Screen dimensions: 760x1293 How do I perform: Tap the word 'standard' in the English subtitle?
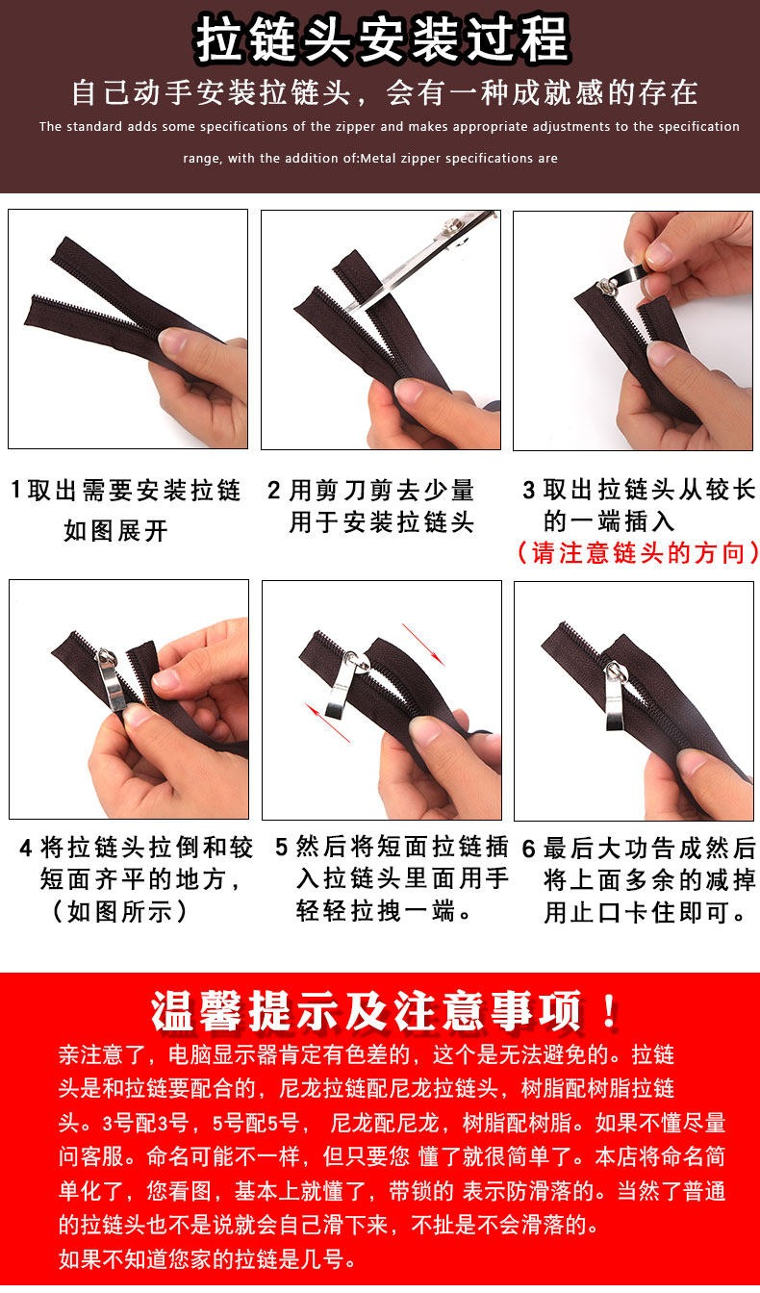(94, 126)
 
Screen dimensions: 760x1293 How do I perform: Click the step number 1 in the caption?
(16, 490)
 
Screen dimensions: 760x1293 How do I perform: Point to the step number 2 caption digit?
(273, 491)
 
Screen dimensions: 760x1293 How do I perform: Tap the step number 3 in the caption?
(528, 491)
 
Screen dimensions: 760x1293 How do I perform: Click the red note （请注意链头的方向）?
(637, 552)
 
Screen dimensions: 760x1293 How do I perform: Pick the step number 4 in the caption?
(26, 848)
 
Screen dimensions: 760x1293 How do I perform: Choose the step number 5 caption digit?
(282, 847)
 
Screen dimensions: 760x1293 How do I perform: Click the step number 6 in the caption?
(529, 849)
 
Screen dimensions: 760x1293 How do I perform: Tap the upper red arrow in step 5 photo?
(423, 645)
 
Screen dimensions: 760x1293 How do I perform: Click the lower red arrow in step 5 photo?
(328, 723)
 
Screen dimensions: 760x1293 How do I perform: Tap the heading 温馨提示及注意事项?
(366, 1011)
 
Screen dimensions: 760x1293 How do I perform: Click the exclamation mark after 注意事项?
(609, 1011)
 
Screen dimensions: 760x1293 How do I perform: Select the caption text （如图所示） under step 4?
(119, 911)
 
